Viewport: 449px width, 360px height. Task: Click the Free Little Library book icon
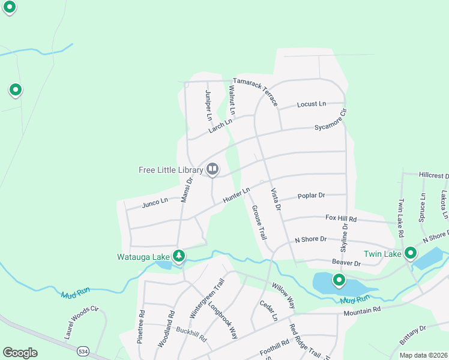click(212, 170)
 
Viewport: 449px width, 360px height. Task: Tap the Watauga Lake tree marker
click(178, 256)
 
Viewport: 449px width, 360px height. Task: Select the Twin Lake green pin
click(411, 253)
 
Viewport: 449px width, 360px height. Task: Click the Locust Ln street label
click(312, 104)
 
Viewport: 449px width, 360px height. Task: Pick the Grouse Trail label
click(259, 223)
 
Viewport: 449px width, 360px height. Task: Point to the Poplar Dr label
click(311, 196)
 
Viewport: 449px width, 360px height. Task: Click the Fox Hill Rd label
click(341, 219)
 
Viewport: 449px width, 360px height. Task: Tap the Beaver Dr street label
click(346, 263)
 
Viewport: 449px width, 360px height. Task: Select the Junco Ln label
click(155, 203)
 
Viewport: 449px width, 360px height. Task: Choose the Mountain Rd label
click(362, 311)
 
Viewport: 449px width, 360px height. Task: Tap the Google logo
click(20, 353)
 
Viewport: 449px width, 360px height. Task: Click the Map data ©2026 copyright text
click(423, 355)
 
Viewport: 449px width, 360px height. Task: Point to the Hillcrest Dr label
click(433, 176)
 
